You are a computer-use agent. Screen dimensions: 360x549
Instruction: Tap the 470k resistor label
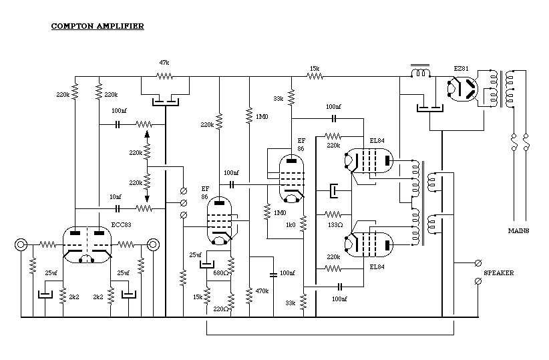pyautogui.click(x=262, y=291)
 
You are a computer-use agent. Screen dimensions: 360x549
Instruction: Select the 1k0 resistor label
pyautogui.click(x=291, y=225)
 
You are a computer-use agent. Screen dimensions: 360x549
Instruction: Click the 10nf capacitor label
pyautogui.click(x=116, y=197)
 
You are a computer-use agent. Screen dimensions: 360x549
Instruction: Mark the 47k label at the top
pyautogui.click(x=164, y=62)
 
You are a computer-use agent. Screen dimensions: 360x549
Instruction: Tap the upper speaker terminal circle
pyautogui.click(x=478, y=263)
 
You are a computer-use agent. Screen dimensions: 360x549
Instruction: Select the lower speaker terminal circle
pyautogui.click(x=478, y=282)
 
